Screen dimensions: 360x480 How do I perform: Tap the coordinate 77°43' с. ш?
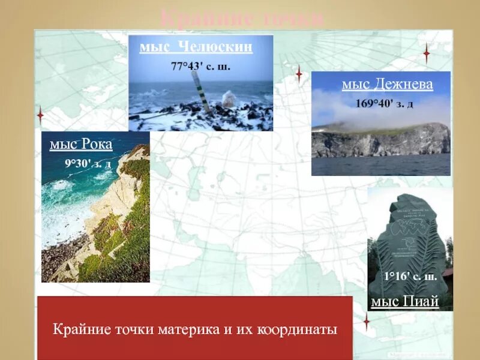201,67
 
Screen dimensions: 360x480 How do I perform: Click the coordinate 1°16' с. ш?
410,277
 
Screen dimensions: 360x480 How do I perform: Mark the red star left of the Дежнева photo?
298,74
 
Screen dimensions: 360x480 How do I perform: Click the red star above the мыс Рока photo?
40,115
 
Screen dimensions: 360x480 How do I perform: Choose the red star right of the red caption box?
366,322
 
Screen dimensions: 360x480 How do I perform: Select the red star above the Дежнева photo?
427,53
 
